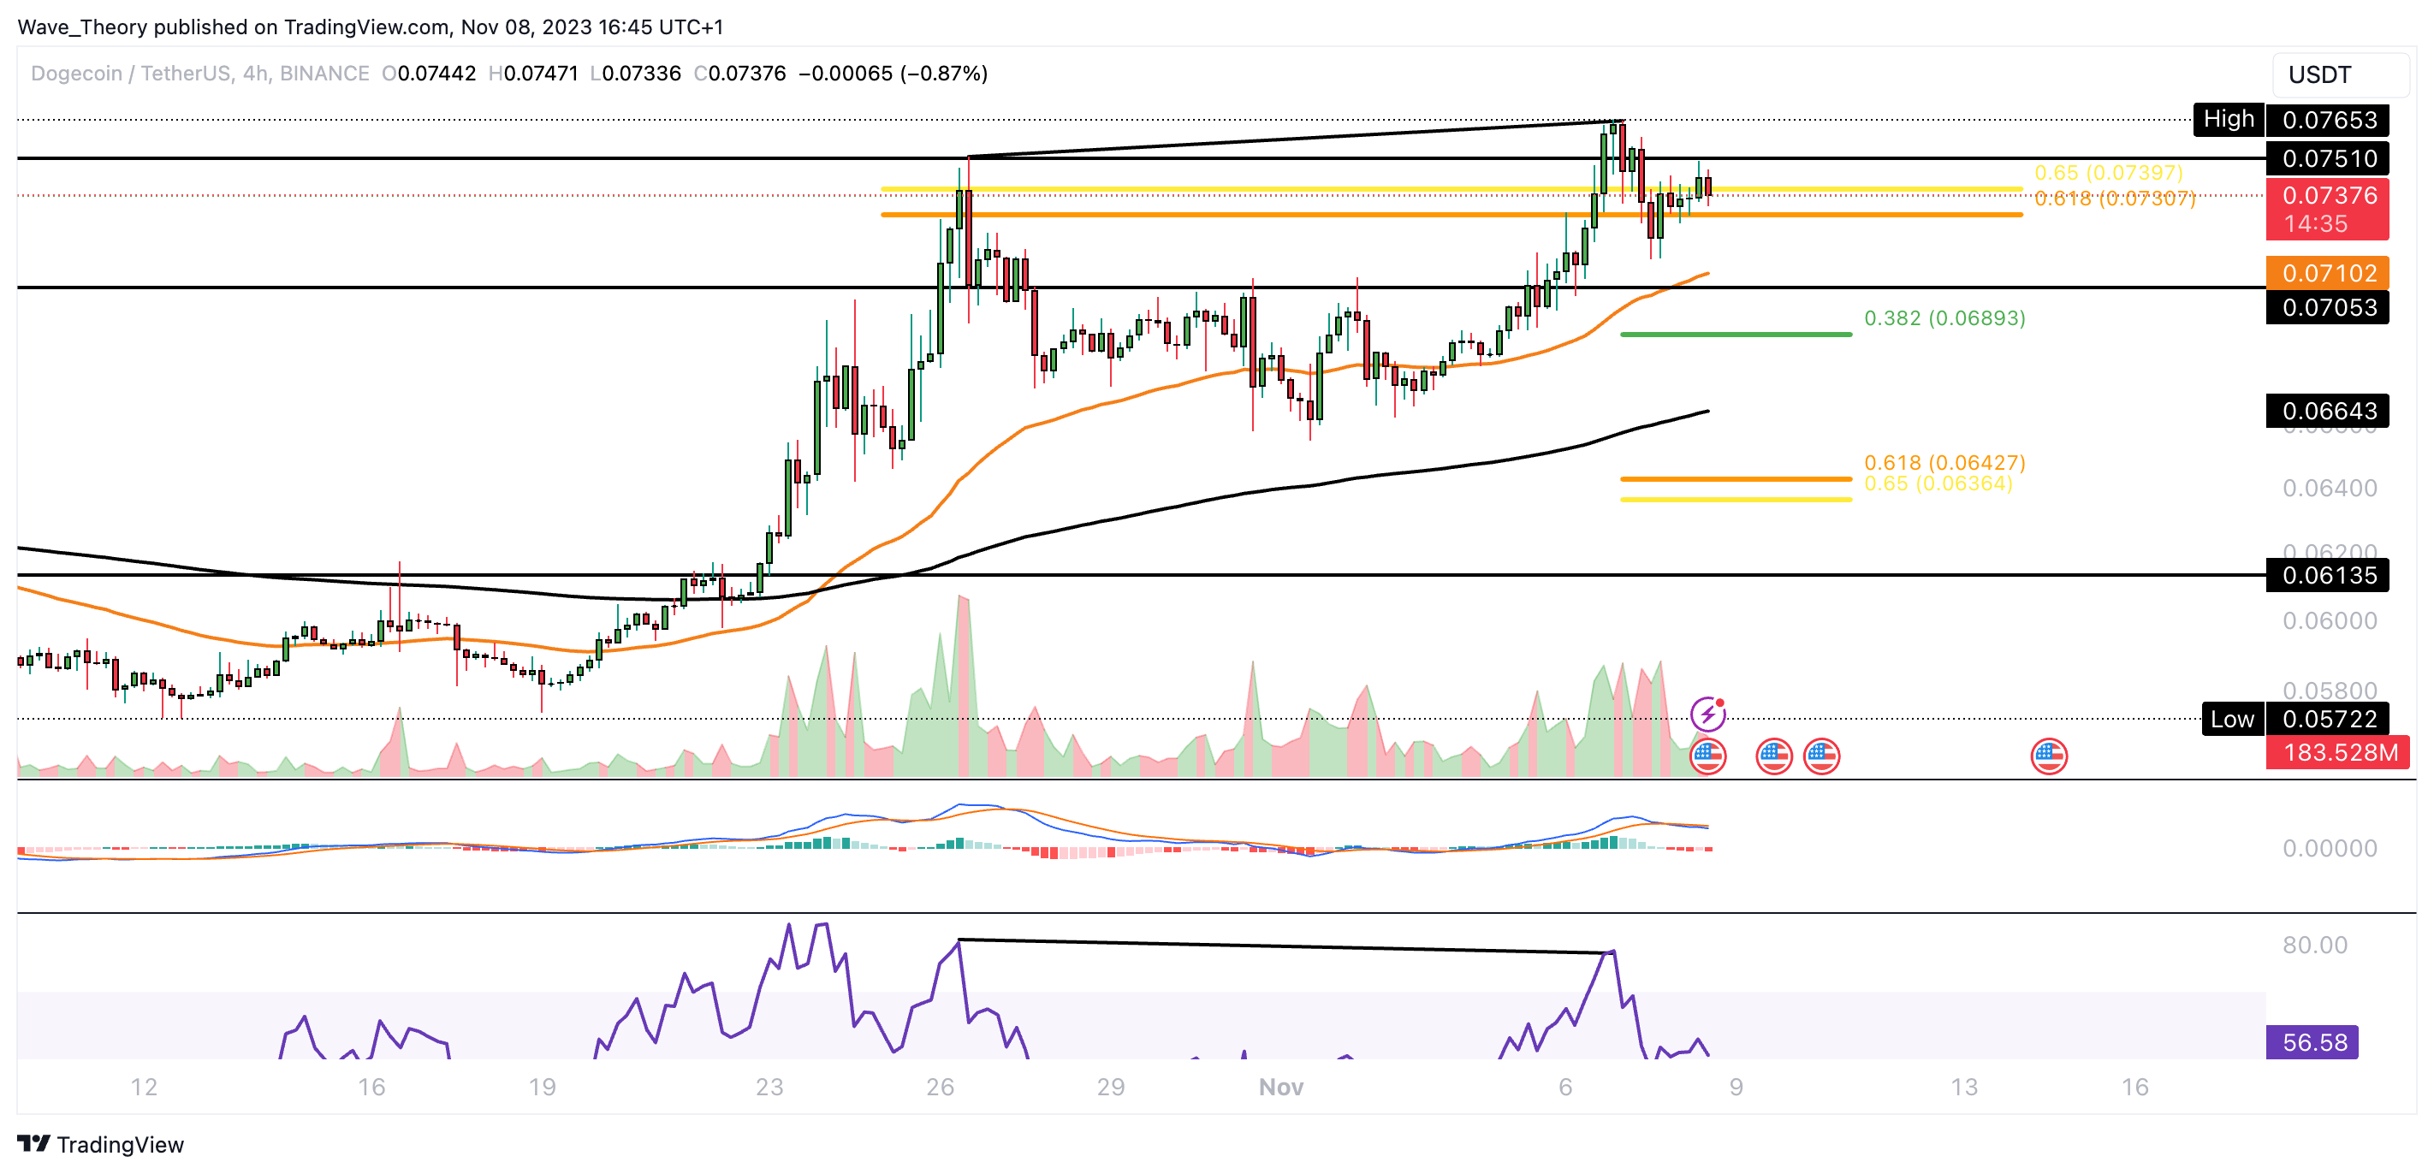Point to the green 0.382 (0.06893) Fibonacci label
point(1944,318)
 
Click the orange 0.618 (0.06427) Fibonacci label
point(1944,462)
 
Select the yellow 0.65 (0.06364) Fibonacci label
point(1937,483)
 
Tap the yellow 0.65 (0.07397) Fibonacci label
point(2108,173)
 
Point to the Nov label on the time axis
point(1280,1087)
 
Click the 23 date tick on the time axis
point(769,1087)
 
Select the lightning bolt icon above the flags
point(1707,714)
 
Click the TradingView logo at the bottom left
point(100,1145)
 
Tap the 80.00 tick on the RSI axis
point(2314,946)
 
